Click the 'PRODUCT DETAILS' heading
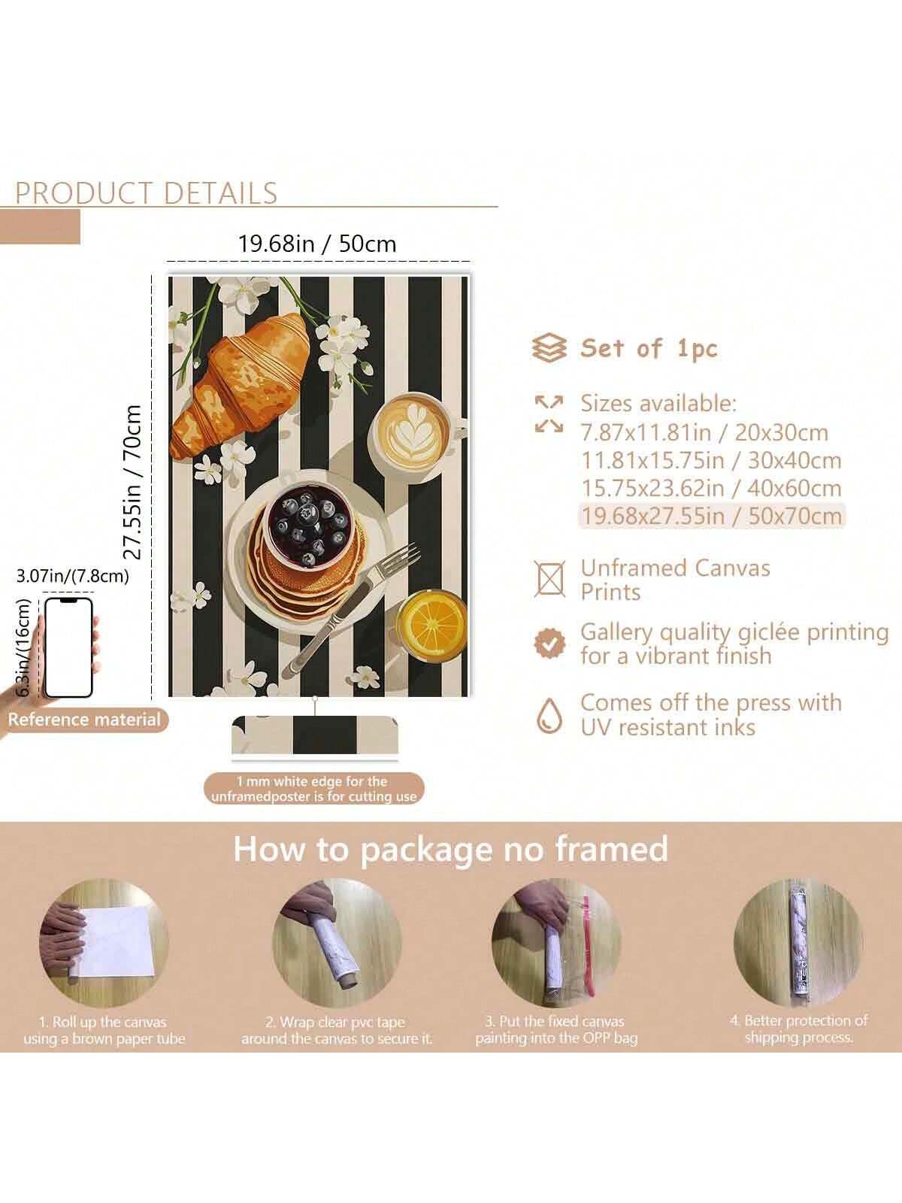[147, 193]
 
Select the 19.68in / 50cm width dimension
[317, 244]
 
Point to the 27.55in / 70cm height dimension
[132, 482]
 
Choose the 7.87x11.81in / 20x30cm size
[704, 433]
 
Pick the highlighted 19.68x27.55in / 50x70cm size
[711, 516]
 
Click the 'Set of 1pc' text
[649, 349]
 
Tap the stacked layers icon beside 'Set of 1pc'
[549, 348]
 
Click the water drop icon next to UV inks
[549, 715]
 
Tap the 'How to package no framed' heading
[451, 849]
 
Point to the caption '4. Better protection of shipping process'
[798, 1029]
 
